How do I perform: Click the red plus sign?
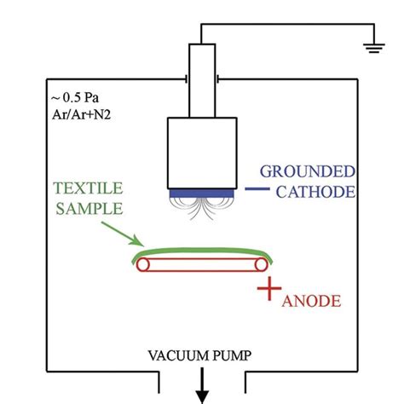pos(269,291)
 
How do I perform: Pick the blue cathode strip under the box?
pos(202,193)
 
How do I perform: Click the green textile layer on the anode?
pos(202,250)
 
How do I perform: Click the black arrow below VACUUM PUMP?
pos(203,388)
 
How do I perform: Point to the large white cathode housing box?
pos(202,150)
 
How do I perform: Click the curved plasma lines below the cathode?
pos(202,210)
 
